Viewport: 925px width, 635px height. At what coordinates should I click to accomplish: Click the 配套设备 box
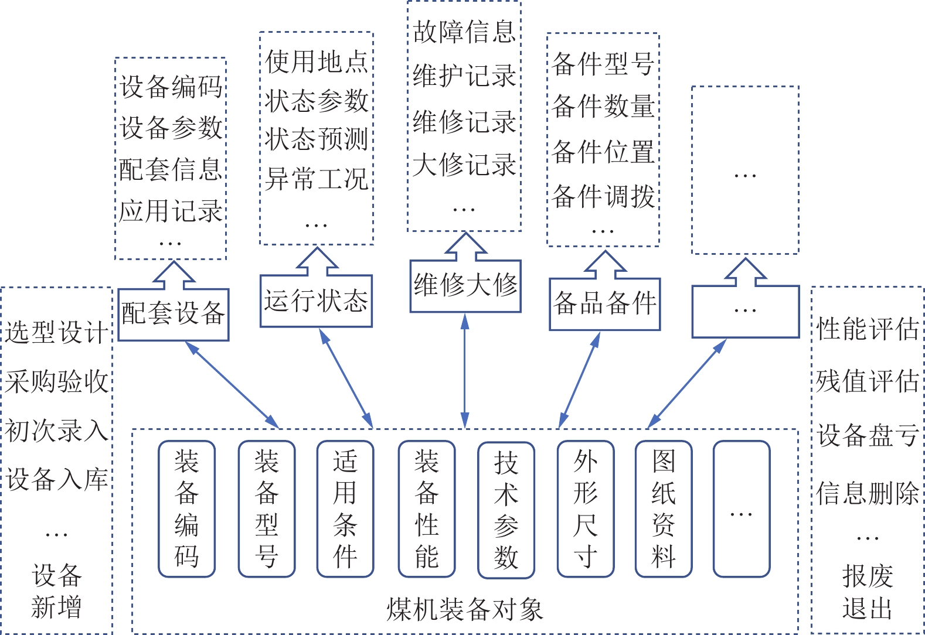pos(173,315)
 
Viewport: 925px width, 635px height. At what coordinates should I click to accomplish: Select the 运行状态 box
pos(316,301)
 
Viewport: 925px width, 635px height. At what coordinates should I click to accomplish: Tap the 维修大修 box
pos(465,286)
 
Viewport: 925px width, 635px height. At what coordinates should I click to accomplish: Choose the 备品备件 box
pos(604,304)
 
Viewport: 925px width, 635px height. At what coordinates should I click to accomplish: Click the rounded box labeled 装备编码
pos(186,508)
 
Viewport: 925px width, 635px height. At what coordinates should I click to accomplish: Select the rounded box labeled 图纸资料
pos(664,508)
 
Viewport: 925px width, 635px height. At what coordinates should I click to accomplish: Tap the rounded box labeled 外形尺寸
pos(586,508)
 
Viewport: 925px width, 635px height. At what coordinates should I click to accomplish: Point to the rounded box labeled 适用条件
pos(345,508)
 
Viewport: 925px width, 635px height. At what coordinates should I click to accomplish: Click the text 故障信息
pos(464,32)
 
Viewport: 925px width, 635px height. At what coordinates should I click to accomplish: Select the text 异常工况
pos(316,179)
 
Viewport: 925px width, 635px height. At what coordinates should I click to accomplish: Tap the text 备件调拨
pos(603,196)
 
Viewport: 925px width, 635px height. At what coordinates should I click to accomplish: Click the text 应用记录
pos(170,211)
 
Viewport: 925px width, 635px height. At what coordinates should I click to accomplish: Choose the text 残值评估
pos(867,381)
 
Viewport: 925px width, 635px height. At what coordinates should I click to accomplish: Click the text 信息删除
pos(867,493)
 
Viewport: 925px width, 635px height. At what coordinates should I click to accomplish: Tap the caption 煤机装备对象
pos(464,610)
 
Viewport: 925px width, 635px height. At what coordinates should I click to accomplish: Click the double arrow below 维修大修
pos(465,370)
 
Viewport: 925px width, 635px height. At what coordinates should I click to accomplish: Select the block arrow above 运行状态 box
pos(317,262)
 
